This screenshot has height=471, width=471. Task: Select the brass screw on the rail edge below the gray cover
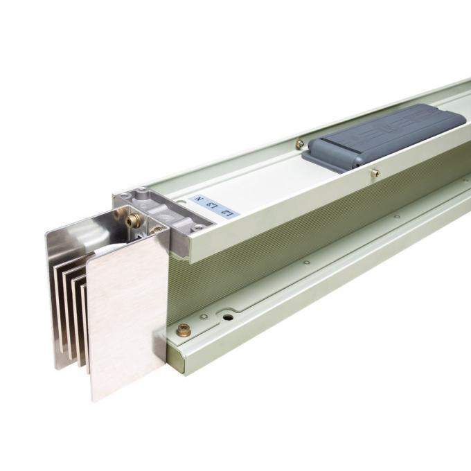click(x=375, y=173)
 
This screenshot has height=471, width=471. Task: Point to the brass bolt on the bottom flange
click(x=184, y=330)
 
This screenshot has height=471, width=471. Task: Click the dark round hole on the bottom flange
click(x=228, y=318)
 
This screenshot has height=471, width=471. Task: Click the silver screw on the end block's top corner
click(x=141, y=190)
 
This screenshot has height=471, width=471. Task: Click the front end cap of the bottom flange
click(x=176, y=354)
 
